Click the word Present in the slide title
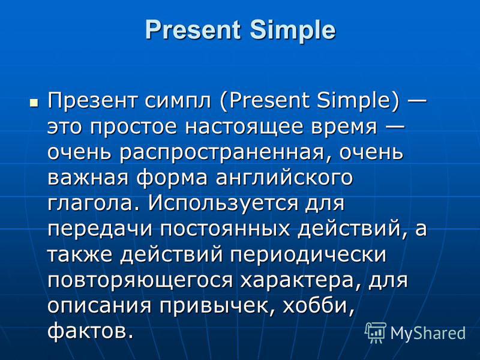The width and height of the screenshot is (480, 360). (193, 29)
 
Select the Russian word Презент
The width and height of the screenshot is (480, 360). (92, 100)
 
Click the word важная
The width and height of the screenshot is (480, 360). (88, 178)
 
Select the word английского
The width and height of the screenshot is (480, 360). (284, 178)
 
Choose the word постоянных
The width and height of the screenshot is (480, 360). (225, 229)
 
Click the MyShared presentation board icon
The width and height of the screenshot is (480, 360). (376, 333)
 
